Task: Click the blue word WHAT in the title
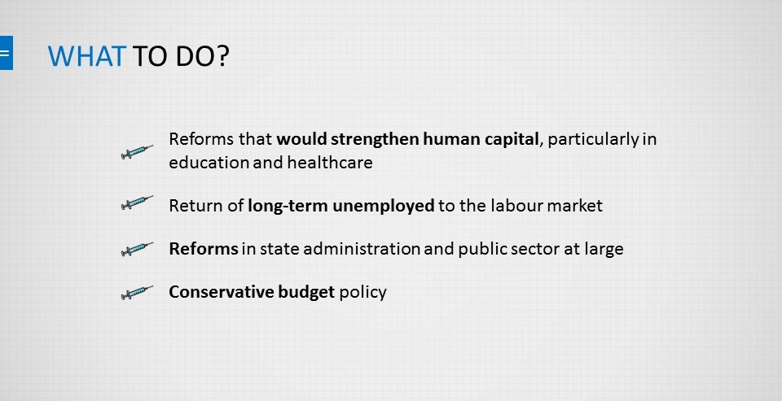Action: click(x=87, y=56)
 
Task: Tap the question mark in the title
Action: click(x=222, y=56)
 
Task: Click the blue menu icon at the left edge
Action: click(x=6, y=53)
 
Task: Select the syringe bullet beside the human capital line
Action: click(x=137, y=151)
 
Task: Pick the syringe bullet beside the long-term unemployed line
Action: click(x=137, y=203)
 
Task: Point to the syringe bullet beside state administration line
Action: click(x=137, y=249)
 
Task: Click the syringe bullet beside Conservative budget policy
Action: click(x=137, y=292)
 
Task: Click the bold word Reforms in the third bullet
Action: click(x=204, y=249)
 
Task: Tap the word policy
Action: click(x=362, y=293)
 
